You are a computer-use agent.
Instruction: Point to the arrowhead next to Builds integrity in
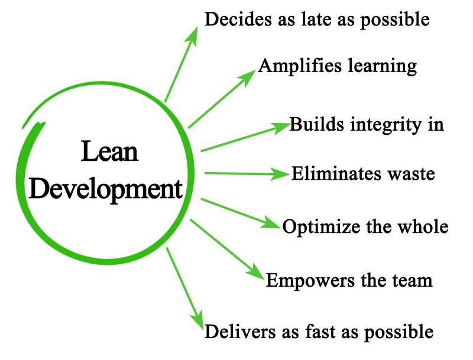[x=280, y=127]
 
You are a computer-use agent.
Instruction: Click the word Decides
[x=234, y=19]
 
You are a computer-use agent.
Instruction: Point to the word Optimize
[x=319, y=226]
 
